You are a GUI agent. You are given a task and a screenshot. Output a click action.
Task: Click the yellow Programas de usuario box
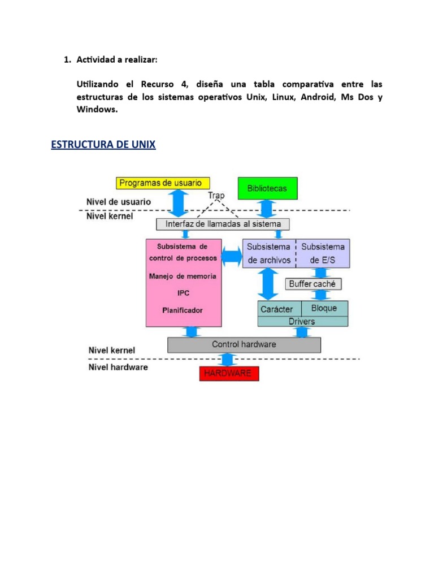click(163, 183)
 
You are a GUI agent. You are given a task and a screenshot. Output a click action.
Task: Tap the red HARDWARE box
click(229, 373)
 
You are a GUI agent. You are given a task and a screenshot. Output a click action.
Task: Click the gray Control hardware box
click(244, 344)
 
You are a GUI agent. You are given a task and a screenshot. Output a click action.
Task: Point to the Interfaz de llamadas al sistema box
click(223, 224)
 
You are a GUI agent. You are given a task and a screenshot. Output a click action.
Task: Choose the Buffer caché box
click(312, 284)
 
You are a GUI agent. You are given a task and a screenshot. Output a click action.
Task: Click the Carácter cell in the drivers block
click(276, 309)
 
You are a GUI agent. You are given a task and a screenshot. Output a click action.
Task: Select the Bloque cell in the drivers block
click(323, 308)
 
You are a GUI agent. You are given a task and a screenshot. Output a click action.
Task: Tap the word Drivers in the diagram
click(302, 321)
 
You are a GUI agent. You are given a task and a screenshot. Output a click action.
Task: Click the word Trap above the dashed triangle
click(216, 196)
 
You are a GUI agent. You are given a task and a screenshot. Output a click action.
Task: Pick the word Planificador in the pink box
click(182, 310)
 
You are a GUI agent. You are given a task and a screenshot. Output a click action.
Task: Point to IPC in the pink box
click(182, 293)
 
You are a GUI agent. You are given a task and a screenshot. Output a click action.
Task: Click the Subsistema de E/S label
click(323, 253)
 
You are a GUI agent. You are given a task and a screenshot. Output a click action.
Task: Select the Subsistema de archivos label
click(268, 253)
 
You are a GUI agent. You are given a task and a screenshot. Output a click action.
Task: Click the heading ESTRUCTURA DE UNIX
click(103, 145)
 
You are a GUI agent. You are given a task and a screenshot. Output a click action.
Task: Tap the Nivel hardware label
click(118, 367)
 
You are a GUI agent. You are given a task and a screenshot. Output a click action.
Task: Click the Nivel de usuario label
click(118, 201)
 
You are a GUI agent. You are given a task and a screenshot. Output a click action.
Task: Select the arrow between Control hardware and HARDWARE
click(227, 360)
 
